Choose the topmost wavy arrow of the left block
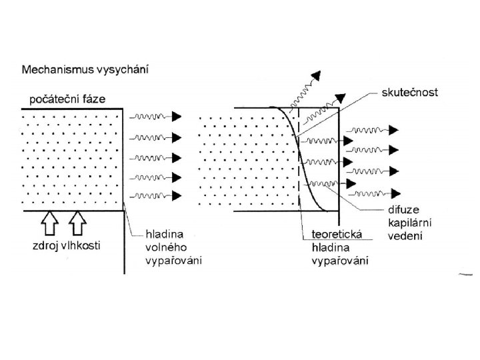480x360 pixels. pyautogui.click(x=155, y=116)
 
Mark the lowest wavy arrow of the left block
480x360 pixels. pyautogui.click(x=155, y=195)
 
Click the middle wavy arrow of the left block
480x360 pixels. pyautogui.click(x=155, y=157)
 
